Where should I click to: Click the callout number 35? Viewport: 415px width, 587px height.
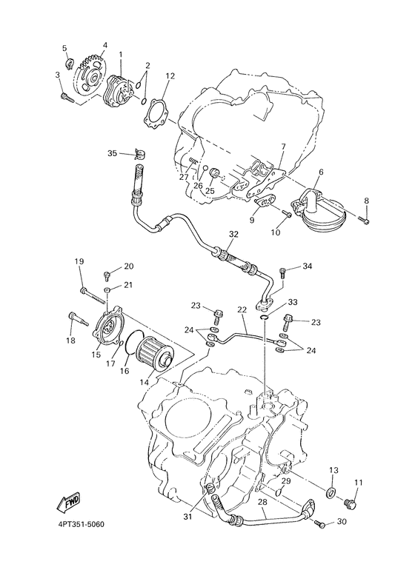(x=112, y=153)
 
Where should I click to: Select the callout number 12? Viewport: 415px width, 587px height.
(x=170, y=76)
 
